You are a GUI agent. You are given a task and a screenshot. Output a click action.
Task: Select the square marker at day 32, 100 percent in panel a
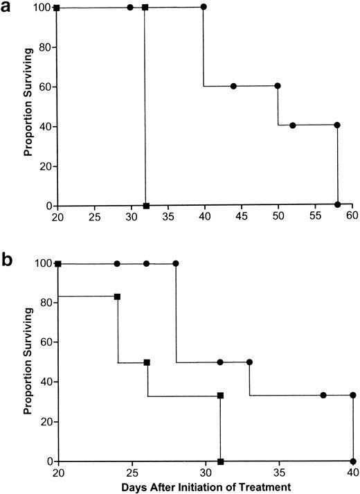tap(145, 8)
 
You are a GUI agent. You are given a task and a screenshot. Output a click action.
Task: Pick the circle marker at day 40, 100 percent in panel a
tap(204, 7)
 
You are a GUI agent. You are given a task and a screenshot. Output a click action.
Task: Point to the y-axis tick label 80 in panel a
tap(44, 47)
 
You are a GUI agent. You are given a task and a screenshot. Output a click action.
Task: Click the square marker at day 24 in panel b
tap(117, 297)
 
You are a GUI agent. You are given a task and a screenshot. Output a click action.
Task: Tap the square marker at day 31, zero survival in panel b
tap(220, 461)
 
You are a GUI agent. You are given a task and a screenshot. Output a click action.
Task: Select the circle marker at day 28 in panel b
tap(176, 264)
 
